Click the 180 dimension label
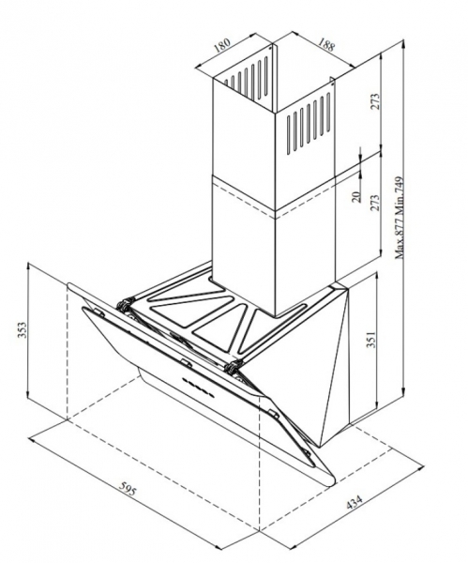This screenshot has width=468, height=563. coord(221,46)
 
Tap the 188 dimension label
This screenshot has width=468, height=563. coord(326,44)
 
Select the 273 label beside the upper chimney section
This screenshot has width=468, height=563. coord(375,102)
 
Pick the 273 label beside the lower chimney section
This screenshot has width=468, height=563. coord(375,204)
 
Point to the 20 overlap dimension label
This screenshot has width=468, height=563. coord(356,196)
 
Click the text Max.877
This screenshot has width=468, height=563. coord(400,236)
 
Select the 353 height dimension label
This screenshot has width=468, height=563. coord(23,329)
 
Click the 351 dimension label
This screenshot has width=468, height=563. coord(371,340)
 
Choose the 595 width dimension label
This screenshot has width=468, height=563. coord(128,489)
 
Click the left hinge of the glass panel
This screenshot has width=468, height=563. coord(124,306)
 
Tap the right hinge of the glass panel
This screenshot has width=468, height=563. coord(234,366)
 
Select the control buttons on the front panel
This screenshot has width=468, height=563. coord(197,387)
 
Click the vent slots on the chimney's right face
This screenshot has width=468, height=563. coord(309,123)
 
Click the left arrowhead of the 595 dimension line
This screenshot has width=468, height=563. coord(33,439)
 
